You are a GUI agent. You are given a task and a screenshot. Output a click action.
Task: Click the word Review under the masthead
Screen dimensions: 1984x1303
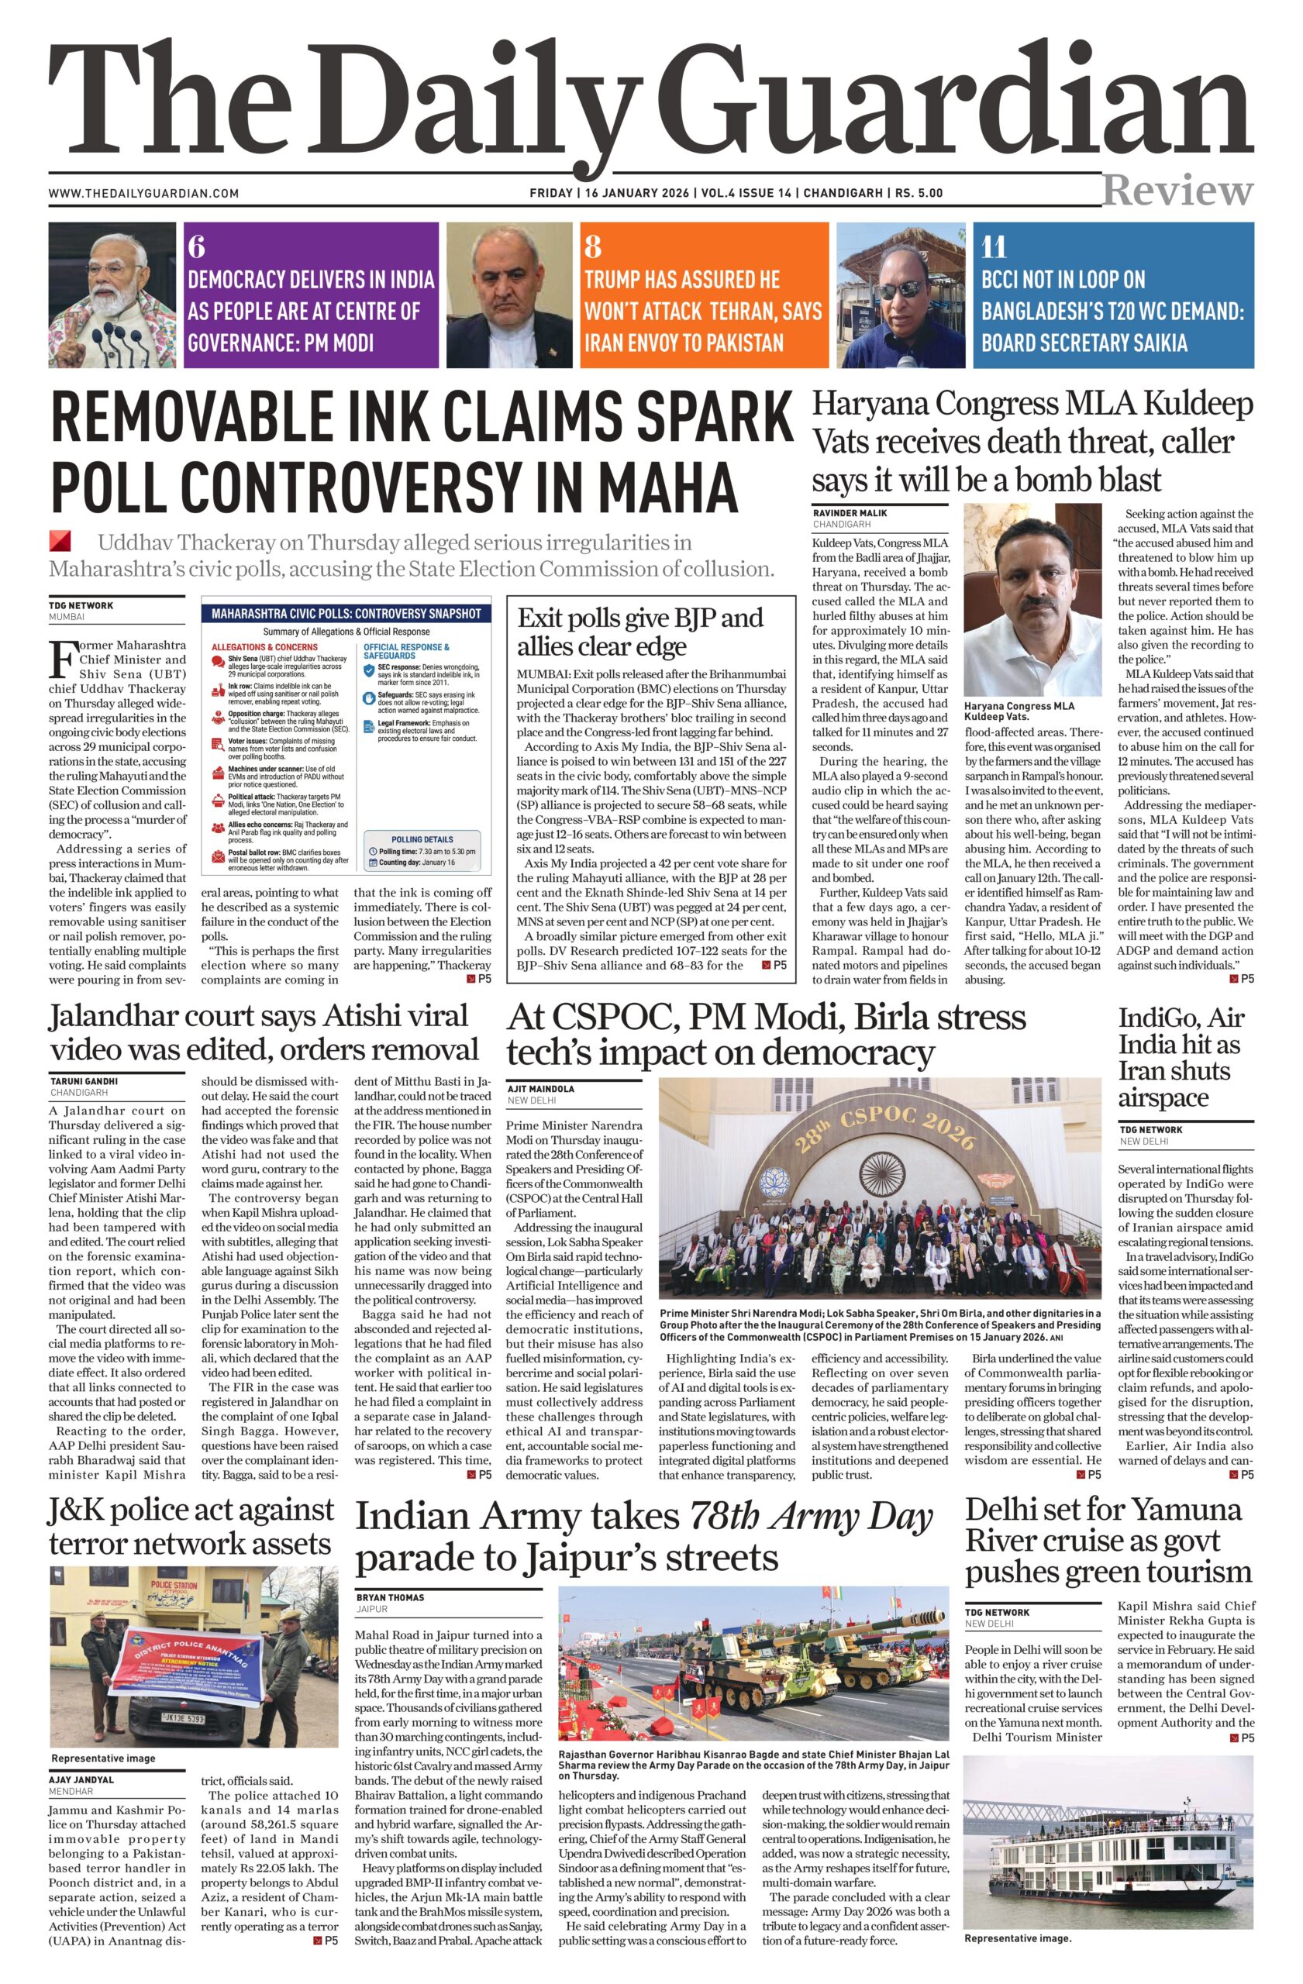1177,190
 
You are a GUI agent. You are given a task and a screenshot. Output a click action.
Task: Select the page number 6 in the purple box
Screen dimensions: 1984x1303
197,246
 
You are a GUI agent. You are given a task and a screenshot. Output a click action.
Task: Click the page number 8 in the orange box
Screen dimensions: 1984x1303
593,246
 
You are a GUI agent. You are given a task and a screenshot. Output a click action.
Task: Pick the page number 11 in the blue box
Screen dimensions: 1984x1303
994,246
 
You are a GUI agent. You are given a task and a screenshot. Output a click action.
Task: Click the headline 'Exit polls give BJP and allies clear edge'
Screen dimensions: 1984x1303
640,632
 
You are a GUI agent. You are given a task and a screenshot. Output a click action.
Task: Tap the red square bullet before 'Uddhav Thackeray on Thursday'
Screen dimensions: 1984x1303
60,540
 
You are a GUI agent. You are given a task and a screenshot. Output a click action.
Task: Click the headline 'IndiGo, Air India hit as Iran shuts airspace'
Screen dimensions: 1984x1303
1179,1057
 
